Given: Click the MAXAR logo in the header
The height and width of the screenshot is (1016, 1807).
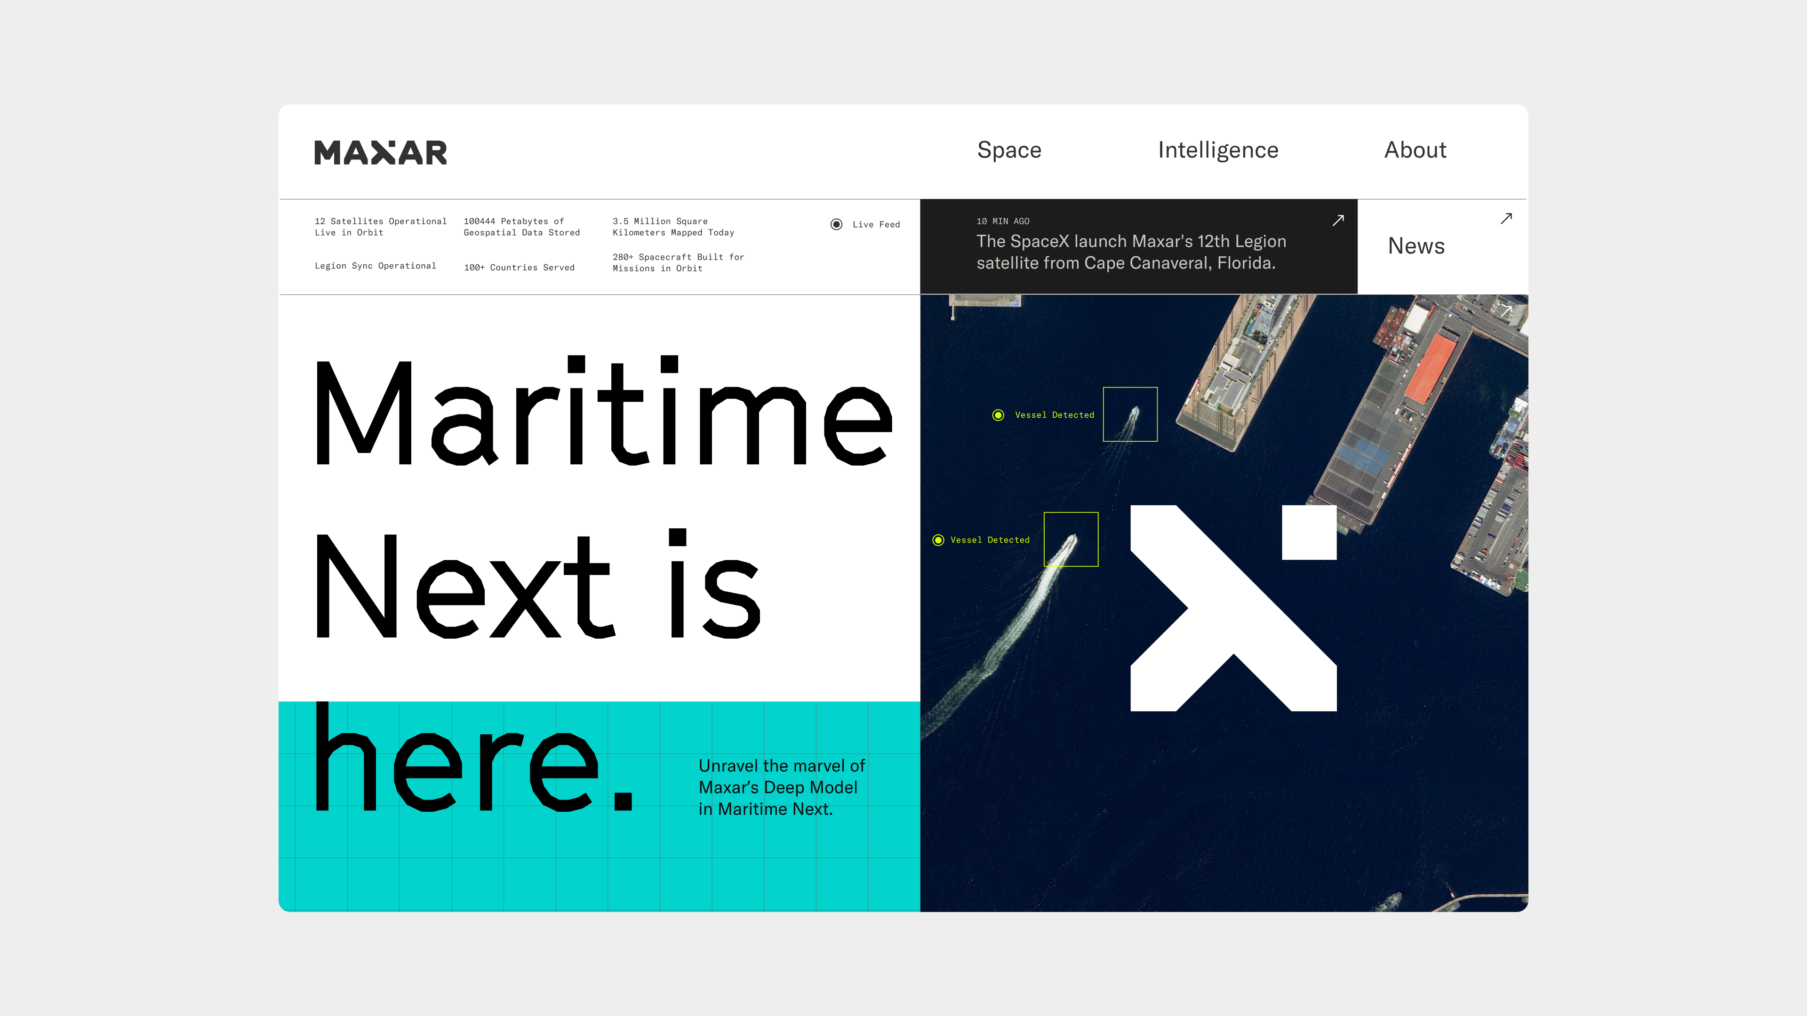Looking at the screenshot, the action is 380,152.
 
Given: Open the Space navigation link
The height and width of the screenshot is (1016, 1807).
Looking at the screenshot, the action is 1009,151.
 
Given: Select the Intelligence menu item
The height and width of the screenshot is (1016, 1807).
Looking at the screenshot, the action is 1218,151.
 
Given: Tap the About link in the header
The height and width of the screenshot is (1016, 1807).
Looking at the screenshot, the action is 1415,150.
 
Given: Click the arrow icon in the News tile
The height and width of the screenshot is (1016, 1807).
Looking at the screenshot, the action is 1506,219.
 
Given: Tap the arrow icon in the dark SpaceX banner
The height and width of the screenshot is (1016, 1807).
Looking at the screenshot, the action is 1338,220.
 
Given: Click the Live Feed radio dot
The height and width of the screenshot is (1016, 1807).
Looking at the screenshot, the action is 836,224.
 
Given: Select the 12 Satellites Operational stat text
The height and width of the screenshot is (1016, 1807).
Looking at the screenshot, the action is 380,226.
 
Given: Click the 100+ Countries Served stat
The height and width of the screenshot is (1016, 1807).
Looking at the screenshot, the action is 519,267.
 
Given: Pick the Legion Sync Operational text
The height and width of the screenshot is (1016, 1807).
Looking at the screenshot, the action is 376,266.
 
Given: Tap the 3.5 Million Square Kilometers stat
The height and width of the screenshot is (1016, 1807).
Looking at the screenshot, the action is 673,226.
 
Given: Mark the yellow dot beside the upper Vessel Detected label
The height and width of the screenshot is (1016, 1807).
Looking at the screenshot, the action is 998,415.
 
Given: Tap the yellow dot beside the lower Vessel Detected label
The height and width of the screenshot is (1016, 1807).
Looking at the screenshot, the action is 938,540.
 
